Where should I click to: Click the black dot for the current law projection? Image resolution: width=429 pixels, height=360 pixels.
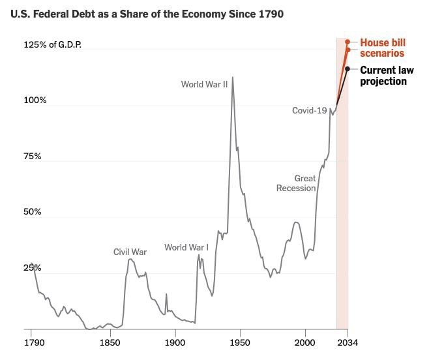[348, 68]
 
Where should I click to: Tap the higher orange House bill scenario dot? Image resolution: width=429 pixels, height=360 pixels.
[348, 41]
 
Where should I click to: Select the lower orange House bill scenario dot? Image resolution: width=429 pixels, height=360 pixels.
[348, 50]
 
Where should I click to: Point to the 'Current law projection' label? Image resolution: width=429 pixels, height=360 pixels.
[384, 76]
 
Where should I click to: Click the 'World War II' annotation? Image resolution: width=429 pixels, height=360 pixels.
[205, 84]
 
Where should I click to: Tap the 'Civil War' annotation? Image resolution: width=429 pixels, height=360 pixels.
[130, 252]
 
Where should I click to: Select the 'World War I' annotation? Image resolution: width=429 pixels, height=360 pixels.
[186, 247]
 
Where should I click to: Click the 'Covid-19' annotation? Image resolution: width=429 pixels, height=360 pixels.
[309, 111]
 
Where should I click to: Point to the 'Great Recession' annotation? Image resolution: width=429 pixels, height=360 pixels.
[296, 183]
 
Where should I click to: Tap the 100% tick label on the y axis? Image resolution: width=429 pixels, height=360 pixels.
[36, 100]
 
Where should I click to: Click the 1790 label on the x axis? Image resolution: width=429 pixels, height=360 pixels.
[33, 342]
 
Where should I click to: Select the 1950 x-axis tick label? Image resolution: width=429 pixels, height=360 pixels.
[240, 342]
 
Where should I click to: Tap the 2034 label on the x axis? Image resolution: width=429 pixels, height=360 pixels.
[348, 342]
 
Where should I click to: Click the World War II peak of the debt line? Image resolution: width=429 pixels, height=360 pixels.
[232, 77]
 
